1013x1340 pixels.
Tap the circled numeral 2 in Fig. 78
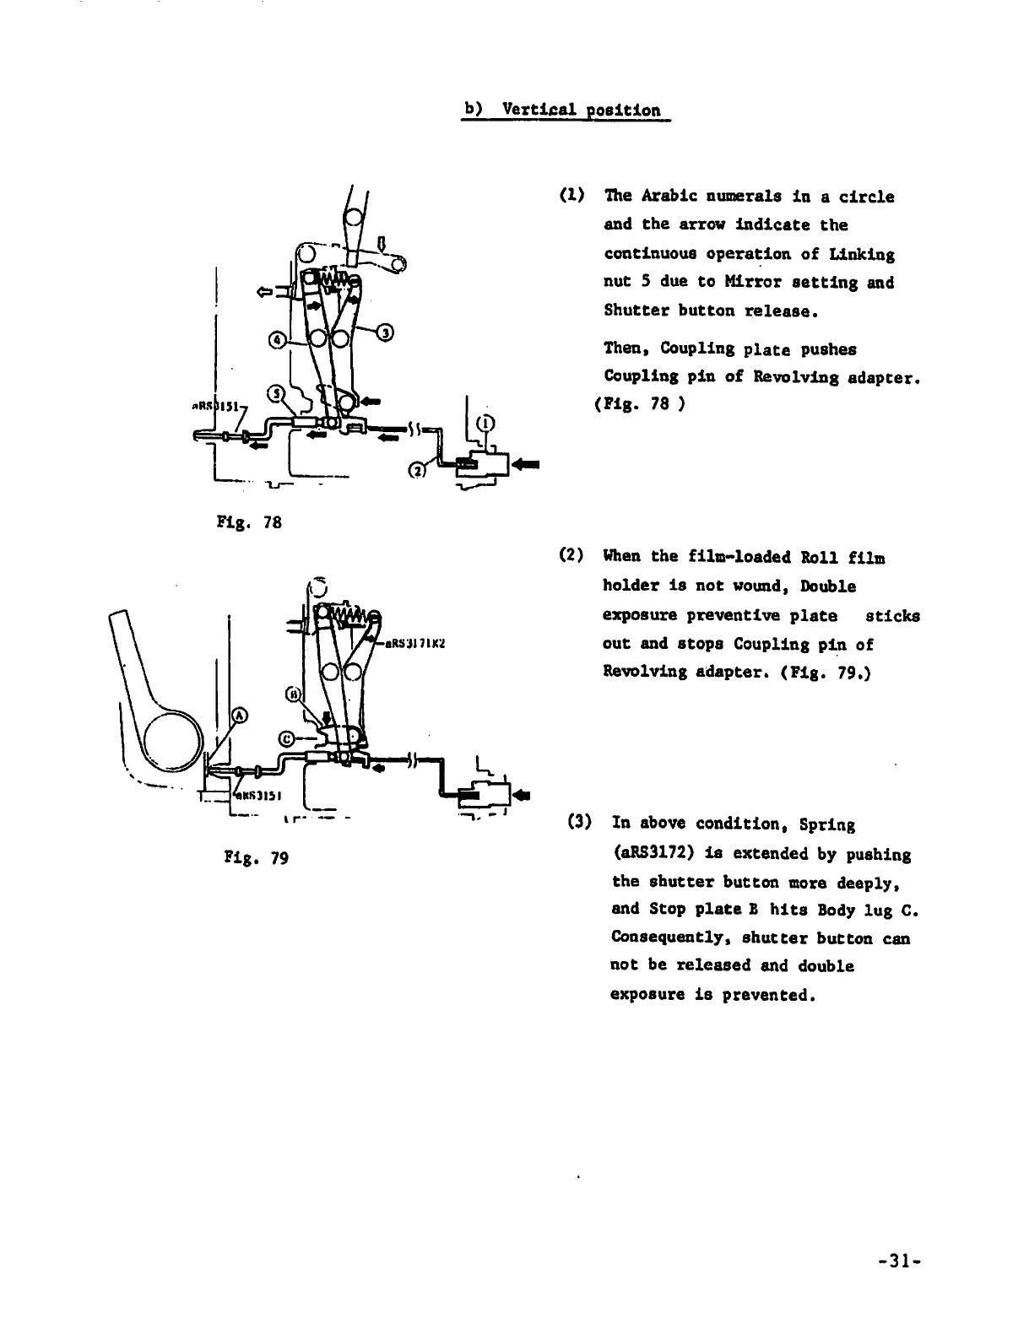coord(417,471)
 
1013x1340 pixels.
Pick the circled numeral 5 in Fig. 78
coord(275,393)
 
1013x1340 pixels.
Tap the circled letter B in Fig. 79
coord(294,693)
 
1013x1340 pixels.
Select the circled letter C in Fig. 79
coord(287,738)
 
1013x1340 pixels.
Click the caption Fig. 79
coord(256,858)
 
